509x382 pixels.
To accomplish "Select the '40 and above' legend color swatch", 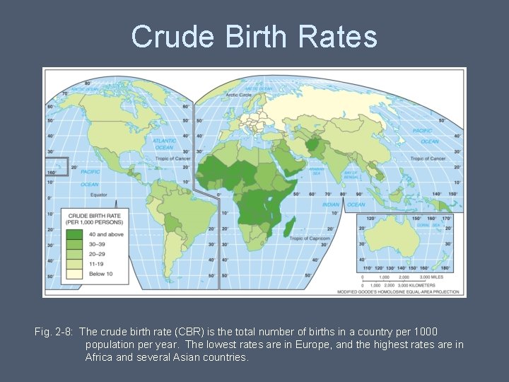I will (74, 234).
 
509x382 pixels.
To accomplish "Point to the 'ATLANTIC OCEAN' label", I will (164, 144).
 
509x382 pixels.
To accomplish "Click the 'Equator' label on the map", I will (98, 195).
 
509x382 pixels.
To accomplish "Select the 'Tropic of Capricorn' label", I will (310, 238).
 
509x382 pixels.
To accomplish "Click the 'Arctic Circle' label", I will (240, 94).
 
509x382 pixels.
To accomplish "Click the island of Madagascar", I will (290, 228).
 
